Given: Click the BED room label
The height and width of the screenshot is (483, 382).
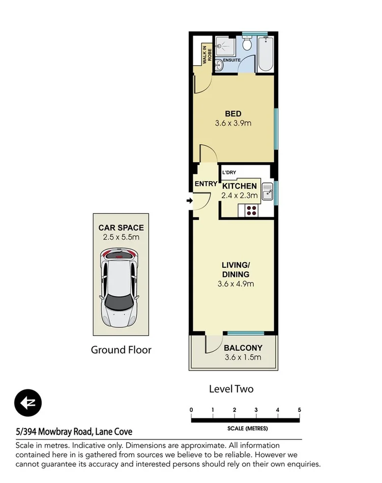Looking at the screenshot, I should tap(233, 113).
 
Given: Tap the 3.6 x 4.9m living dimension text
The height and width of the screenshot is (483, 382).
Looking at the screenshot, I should tap(235, 283).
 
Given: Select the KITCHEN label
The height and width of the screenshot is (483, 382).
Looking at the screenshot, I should tap(240, 186).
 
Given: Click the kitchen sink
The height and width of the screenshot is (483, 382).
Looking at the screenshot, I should tap(268, 192).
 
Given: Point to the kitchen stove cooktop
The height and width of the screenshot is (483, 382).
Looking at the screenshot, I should tap(251, 210).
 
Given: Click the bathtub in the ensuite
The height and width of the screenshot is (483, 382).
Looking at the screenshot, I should tap(265, 54).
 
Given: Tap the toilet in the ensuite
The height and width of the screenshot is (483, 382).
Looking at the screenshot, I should tap(247, 44).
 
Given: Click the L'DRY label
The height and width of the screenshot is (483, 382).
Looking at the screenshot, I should tap(229, 173).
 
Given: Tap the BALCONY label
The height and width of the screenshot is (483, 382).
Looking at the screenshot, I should tap(243, 348).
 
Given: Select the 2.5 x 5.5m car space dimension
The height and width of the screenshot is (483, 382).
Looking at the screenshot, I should tap(121, 237).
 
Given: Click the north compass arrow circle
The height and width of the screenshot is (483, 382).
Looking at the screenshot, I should tap(28, 404).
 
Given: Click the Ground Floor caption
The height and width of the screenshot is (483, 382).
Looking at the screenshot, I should tap(121, 350).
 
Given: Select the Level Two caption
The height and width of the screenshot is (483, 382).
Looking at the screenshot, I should tap(231, 389).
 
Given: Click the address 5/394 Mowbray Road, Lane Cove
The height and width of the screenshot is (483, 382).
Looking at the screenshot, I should tap(74, 432).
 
